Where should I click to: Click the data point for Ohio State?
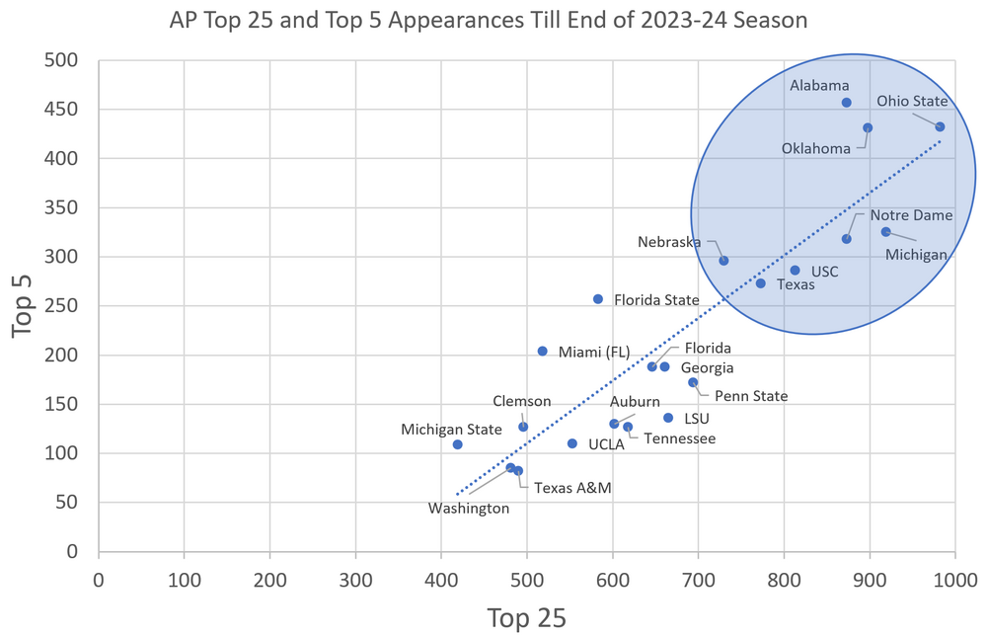[x=940, y=126]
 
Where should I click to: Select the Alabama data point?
[x=846, y=103]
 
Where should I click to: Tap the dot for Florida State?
[x=597, y=298]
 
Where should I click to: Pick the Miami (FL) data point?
[x=542, y=351]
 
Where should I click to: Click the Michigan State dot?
[x=457, y=444]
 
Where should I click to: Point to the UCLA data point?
[x=571, y=443]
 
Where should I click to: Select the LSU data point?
[x=667, y=418]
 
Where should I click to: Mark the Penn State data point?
[x=693, y=382]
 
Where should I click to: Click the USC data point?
[x=795, y=270]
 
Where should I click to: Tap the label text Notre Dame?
[x=911, y=215]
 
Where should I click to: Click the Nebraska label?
[x=669, y=242]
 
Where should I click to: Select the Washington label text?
[x=468, y=509]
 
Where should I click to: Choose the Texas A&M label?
[x=572, y=487]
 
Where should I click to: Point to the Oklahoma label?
[x=816, y=149]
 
